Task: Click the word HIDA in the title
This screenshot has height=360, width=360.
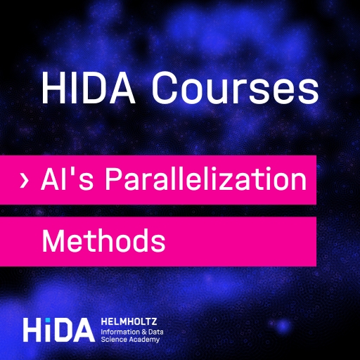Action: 89,87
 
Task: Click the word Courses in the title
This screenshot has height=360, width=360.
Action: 235,88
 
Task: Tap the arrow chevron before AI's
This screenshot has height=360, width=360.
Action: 25,180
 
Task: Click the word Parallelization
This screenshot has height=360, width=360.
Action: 205,179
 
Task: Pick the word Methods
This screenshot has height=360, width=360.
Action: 103,240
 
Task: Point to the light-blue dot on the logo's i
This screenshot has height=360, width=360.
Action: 48,320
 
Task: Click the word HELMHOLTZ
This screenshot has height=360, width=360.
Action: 129,321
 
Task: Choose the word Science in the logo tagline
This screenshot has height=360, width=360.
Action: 113,340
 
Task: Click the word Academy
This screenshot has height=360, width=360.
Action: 143,340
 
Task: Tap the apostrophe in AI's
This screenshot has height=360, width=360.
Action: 74,172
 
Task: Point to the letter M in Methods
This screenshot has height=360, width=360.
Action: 52,240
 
